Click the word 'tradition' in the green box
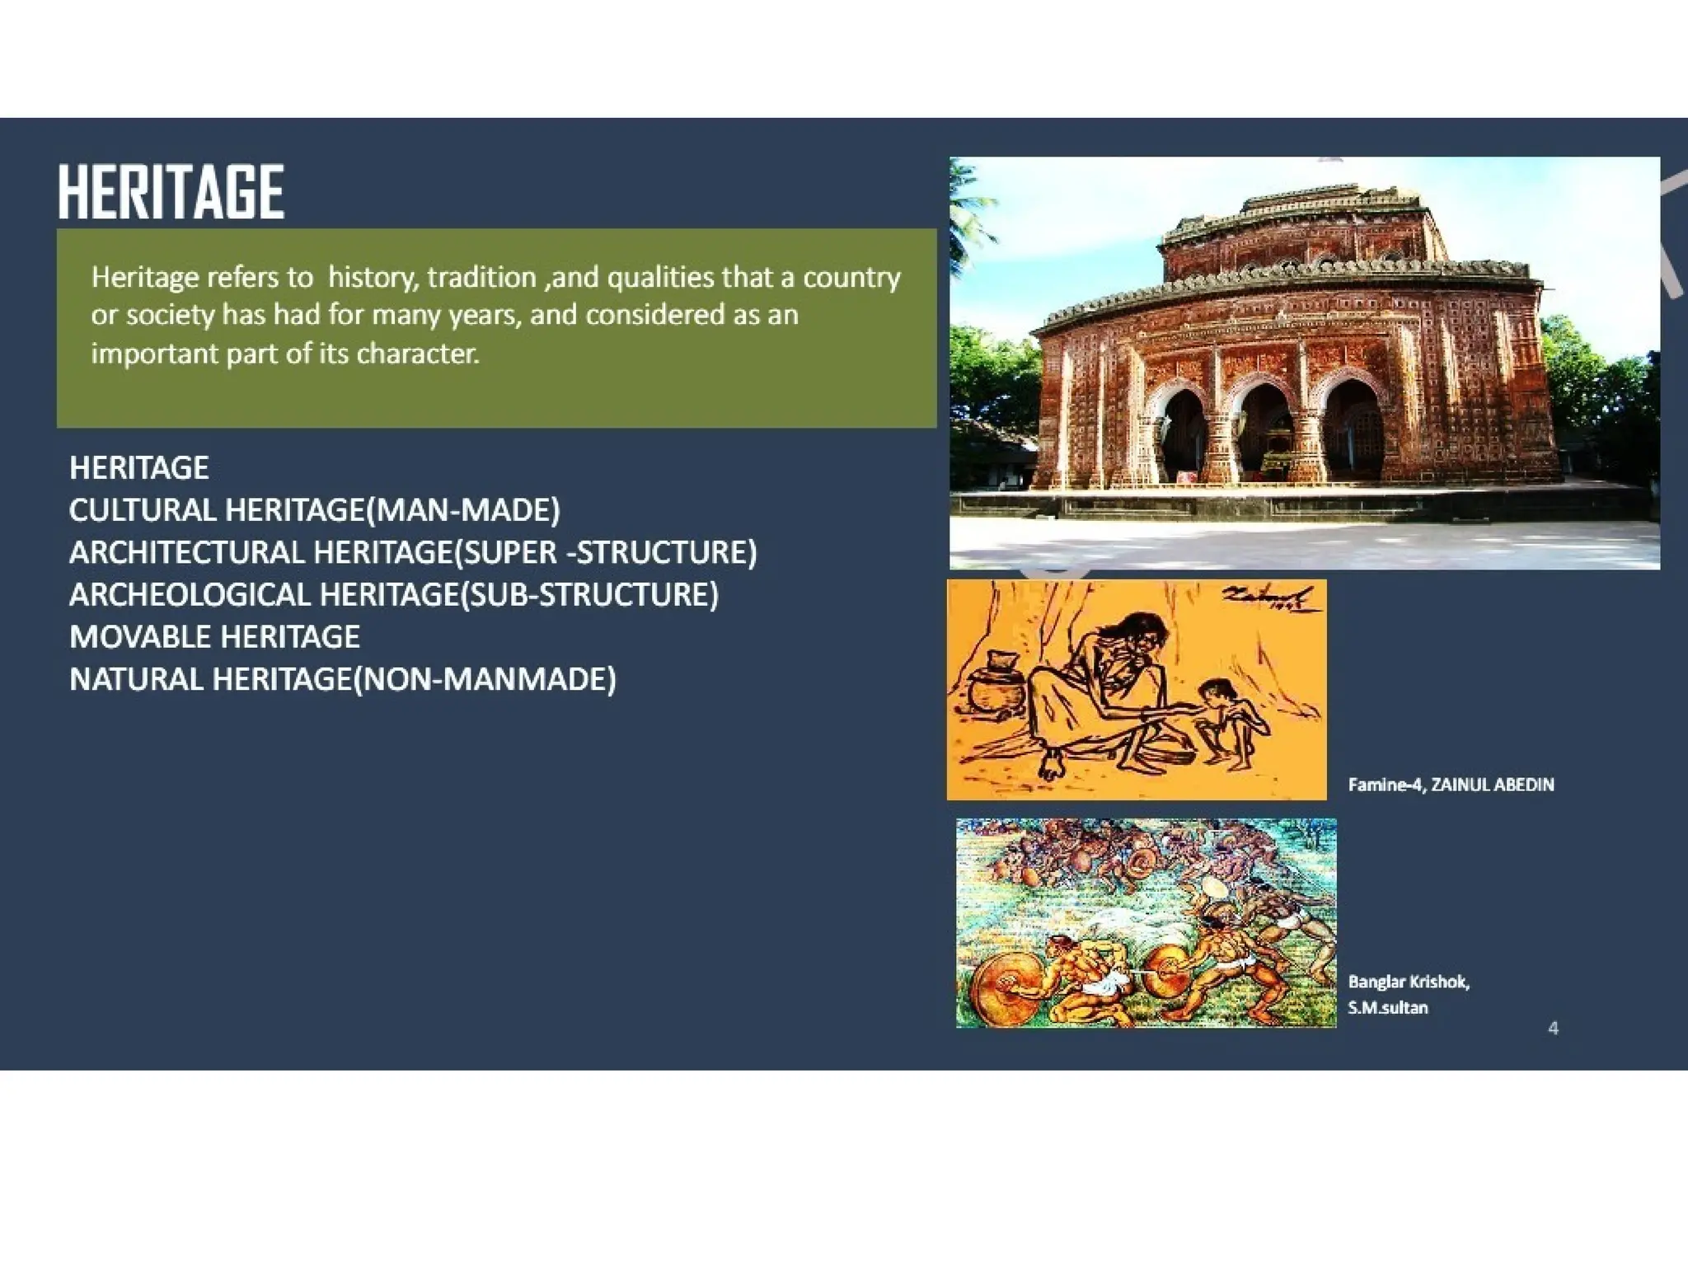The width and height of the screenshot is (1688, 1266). coord(481,277)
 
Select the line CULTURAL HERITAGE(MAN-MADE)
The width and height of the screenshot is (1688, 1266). coord(314,510)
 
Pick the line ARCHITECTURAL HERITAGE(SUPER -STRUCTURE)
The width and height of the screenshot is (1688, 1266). coord(412,552)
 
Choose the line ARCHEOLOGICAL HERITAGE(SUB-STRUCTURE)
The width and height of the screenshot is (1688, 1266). coord(393,594)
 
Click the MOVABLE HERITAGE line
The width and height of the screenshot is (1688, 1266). coord(214,637)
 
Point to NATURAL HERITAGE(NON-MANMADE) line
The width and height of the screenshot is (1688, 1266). coord(342,679)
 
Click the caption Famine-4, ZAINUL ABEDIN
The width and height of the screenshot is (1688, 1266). coord(1451,785)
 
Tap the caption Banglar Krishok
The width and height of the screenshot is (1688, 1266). coord(1408,982)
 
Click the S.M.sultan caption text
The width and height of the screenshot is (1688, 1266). coord(1387,1007)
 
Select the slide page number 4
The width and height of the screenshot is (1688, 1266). coord(1553,1028)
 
